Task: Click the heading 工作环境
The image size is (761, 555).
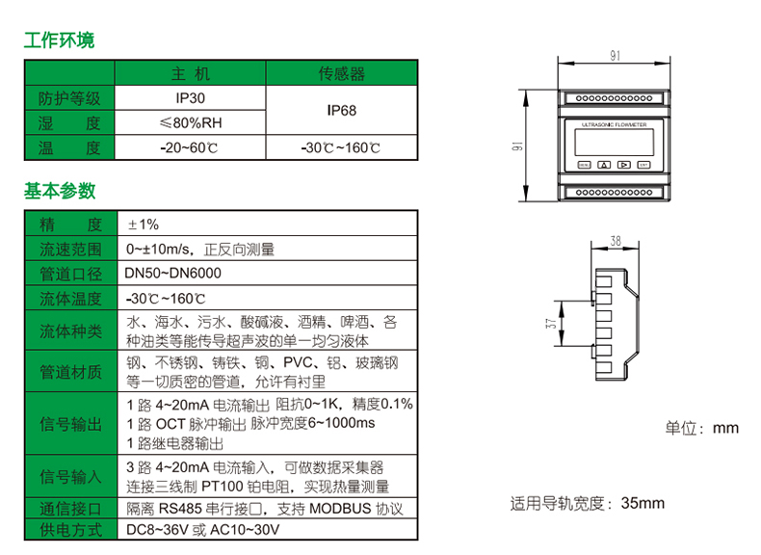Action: (x=59, y=40)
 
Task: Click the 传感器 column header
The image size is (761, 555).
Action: (x=341, y=74)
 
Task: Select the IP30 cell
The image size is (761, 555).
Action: (x=190, y=98)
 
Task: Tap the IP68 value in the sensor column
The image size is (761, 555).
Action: (x=341, y=111)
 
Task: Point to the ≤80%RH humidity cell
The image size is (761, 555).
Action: (x=190, y=123)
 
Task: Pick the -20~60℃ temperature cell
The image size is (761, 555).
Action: (x=190, y=148)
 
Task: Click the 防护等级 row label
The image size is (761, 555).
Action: (x=69, y=98)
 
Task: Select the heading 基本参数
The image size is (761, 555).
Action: (x=59, y=191)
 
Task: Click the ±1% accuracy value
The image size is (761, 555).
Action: (x=144, y=225)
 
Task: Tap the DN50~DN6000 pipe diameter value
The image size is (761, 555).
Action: (x=173, y=274)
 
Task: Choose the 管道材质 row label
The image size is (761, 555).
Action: (x=69, y=372)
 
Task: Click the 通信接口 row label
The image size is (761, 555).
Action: (x=69, y=509)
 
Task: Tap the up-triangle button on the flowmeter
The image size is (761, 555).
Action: (x=604, y=165)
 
